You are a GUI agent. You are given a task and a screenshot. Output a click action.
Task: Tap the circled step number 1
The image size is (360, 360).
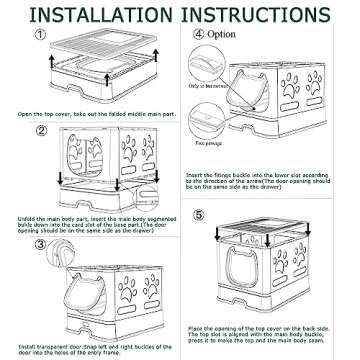pyautogui.click(x=40, y=34)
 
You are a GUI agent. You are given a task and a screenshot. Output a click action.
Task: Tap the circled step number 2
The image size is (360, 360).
pyautogui.click(x=40, y=130)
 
